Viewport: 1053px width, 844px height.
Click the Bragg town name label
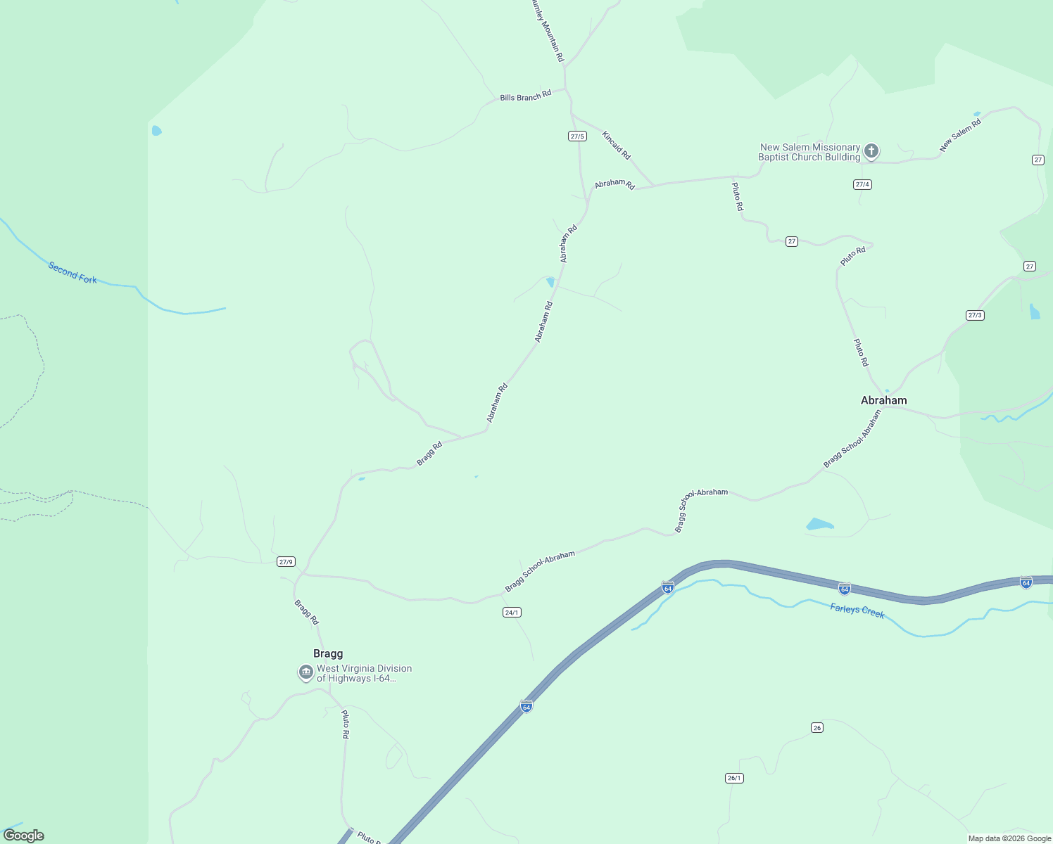coord(328,653)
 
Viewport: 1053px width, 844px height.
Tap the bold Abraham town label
coord(883,400)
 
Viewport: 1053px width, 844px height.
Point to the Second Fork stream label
coord(72,272)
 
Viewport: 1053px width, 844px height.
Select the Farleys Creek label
coord(857,610)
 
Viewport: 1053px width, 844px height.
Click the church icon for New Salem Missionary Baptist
coord(871,151)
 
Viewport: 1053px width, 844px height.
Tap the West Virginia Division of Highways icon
coord(305,673)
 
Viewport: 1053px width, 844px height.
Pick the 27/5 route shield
coord(577,136)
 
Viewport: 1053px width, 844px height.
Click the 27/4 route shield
coord(862,184)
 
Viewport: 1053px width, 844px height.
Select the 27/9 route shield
coord(286,561)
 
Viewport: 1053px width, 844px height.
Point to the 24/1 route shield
coord(512,612)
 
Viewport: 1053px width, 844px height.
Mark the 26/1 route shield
coord(734,778)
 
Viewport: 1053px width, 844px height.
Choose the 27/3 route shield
coord(975,315)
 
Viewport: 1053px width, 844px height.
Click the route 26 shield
coord(816,727)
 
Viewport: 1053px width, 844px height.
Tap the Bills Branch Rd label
coord(525,96)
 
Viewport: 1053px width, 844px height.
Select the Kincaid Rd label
coord(616,145)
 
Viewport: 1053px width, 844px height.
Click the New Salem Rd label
coord(960,136)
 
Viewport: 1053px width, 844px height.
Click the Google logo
coord(24,836)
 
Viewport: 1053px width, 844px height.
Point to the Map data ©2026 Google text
coord(1009,838)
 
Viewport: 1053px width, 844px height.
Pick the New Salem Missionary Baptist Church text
coord(809,152)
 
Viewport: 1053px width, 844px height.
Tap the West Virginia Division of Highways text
coord(364,673)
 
